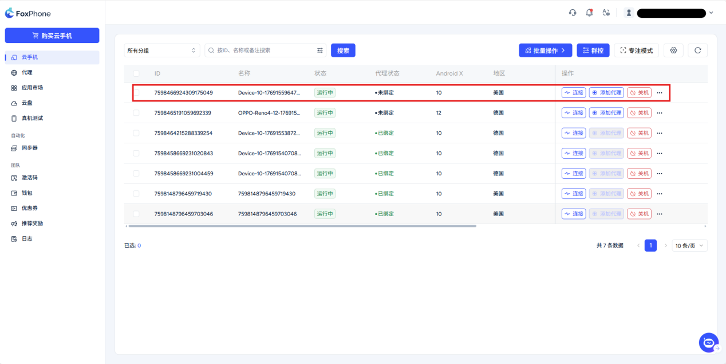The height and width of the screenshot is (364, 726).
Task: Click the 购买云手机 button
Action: click(52, 36)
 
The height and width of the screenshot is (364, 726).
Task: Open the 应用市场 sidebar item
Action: click(32, 88)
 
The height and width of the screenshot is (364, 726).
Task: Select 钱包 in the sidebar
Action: click(27, 193)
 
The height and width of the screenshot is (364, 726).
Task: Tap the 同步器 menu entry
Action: click(29, 148)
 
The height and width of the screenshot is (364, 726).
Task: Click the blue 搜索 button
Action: click(343, 50)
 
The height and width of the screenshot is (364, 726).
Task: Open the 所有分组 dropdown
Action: click(162, 50)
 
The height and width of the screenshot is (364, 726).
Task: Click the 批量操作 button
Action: click(545, 50)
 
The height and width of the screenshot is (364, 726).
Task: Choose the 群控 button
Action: click(593, 50)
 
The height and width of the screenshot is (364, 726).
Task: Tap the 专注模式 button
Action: click(637, 50)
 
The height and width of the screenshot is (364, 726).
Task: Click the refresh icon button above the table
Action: click(697, 50)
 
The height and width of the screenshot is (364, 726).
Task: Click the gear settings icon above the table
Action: click(673, 50)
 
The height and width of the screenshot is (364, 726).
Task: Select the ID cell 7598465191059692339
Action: click(183, 113)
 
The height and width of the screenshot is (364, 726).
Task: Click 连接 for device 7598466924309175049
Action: click(574, 93)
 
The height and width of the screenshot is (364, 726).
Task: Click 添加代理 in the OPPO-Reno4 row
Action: click(606, 113)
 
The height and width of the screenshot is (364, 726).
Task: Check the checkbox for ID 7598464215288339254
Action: click(136, 133)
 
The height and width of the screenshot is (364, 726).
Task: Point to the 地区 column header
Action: click(499, 73)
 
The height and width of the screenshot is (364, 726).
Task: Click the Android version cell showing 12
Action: click(439, 113)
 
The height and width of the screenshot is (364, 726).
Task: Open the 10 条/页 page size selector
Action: click(689, 246)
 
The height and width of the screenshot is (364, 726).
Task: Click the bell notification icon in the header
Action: click(589, 13)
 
